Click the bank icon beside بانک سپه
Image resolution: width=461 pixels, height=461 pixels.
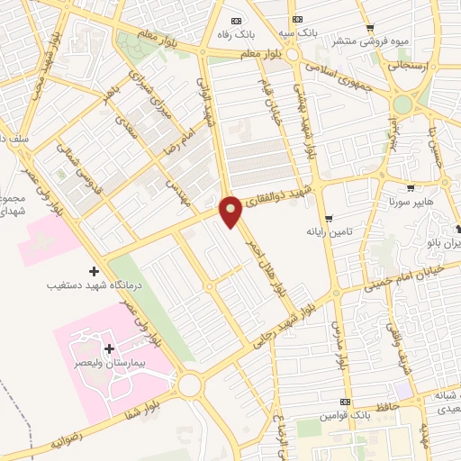[x=296, y=18]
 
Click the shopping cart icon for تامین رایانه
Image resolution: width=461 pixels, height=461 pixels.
[x=328, y=217]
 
